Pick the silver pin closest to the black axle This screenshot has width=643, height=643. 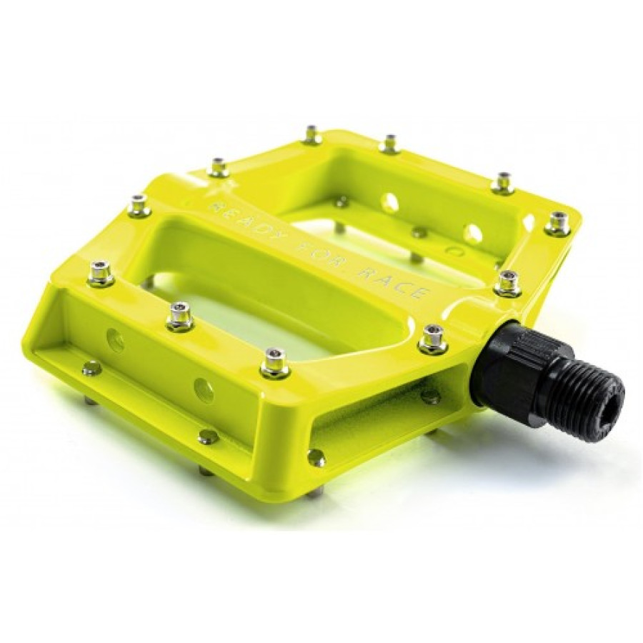[x=434, y=339]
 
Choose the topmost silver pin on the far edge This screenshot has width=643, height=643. [x=312, y=134]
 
